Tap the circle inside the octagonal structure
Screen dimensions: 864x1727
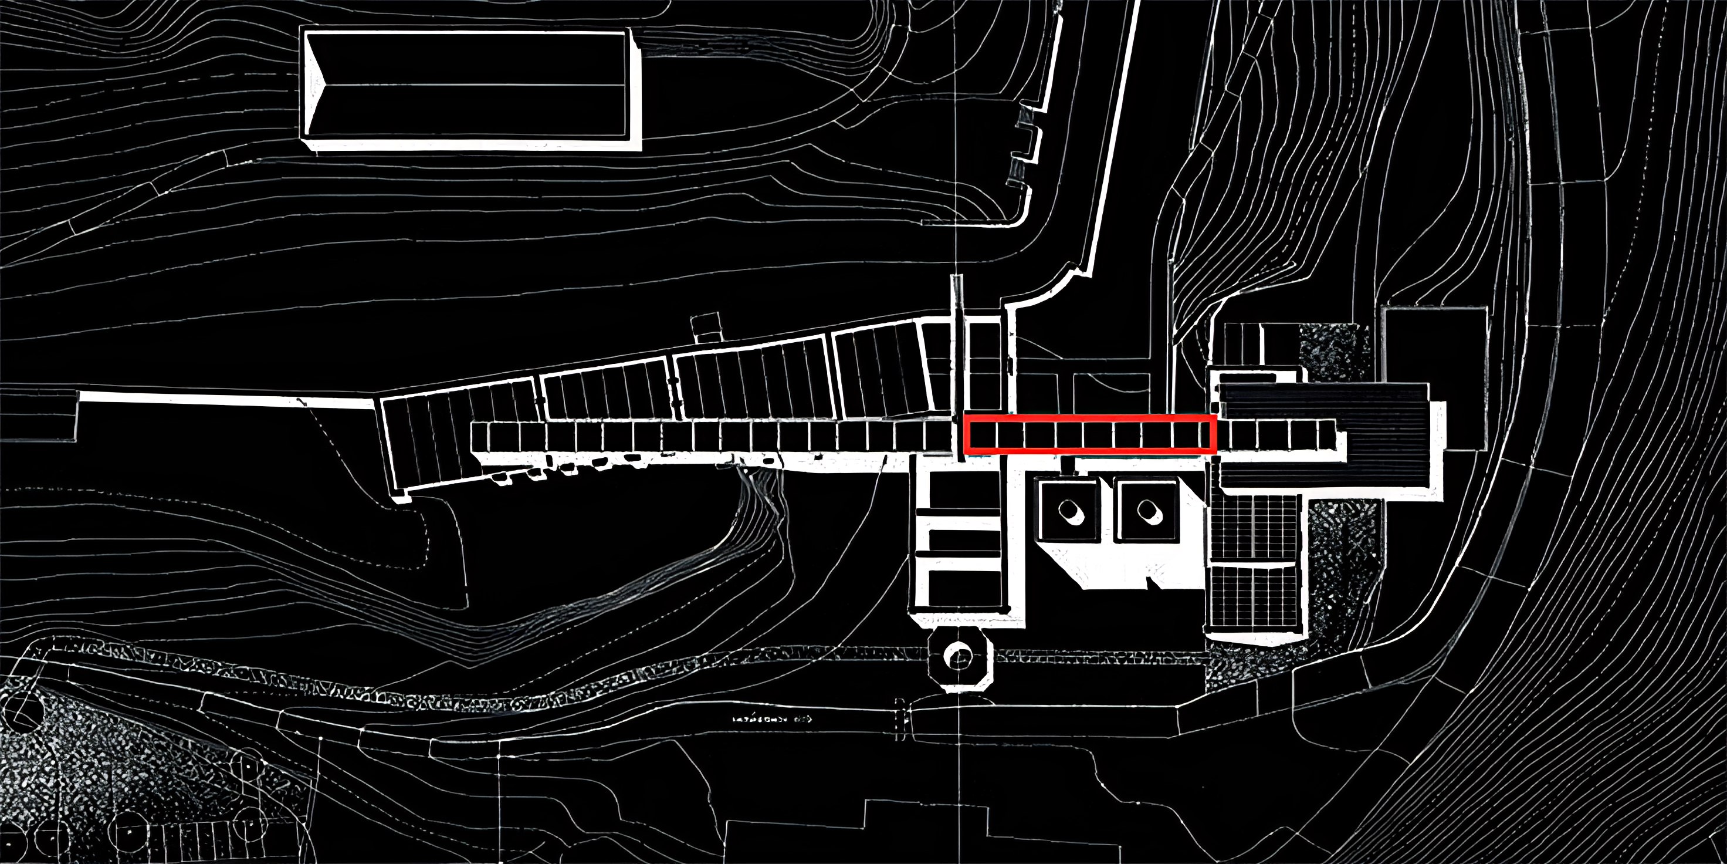coord(959,656)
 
